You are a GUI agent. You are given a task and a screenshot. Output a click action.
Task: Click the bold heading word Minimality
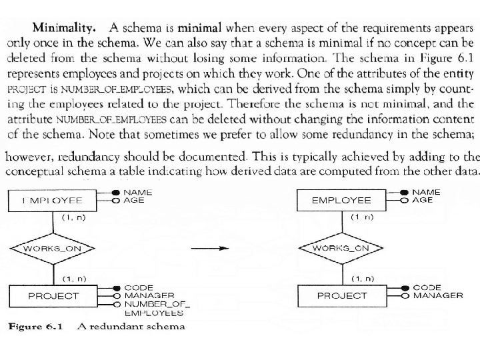tap(64, 28)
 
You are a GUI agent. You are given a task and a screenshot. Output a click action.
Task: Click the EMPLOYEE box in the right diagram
tap(341, 200)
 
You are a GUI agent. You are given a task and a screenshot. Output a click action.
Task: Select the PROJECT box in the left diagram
tap(53, 295)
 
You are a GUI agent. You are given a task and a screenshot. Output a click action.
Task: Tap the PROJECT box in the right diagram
tap(341, 295)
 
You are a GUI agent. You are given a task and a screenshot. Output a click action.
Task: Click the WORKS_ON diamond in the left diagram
tap(53, 248)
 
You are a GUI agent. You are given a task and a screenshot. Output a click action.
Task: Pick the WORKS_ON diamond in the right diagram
tap(341, 248)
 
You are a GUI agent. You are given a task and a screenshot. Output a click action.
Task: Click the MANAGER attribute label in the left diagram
tap(149, 295)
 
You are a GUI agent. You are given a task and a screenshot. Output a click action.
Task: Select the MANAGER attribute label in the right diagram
tap(438, 295)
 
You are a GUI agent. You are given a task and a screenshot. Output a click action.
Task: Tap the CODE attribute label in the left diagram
tap(139, 287)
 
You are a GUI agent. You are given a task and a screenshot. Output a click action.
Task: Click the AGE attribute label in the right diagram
tap(422, 200)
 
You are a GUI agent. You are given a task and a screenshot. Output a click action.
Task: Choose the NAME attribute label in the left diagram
tap(138, 193)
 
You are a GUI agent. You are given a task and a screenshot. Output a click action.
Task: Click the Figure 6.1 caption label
tap(35, 327)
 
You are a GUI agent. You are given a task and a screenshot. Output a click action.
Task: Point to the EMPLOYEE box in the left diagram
tap(53, 200)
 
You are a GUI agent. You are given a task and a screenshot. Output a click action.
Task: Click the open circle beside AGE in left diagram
tap(116, 200)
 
